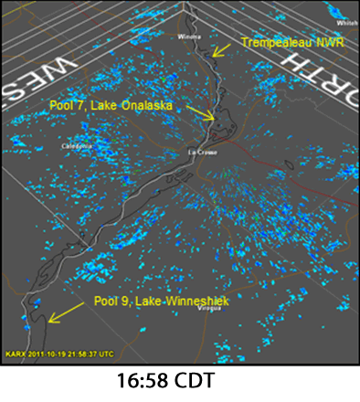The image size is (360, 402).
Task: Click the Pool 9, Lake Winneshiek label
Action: point(164,302)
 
